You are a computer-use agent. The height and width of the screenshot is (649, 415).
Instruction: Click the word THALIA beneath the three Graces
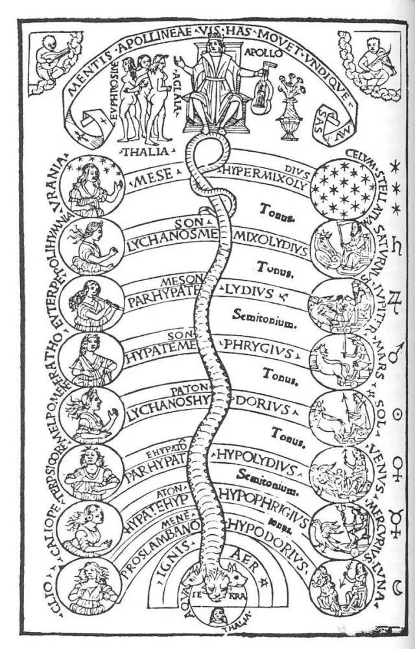click(x=146, y=151)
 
